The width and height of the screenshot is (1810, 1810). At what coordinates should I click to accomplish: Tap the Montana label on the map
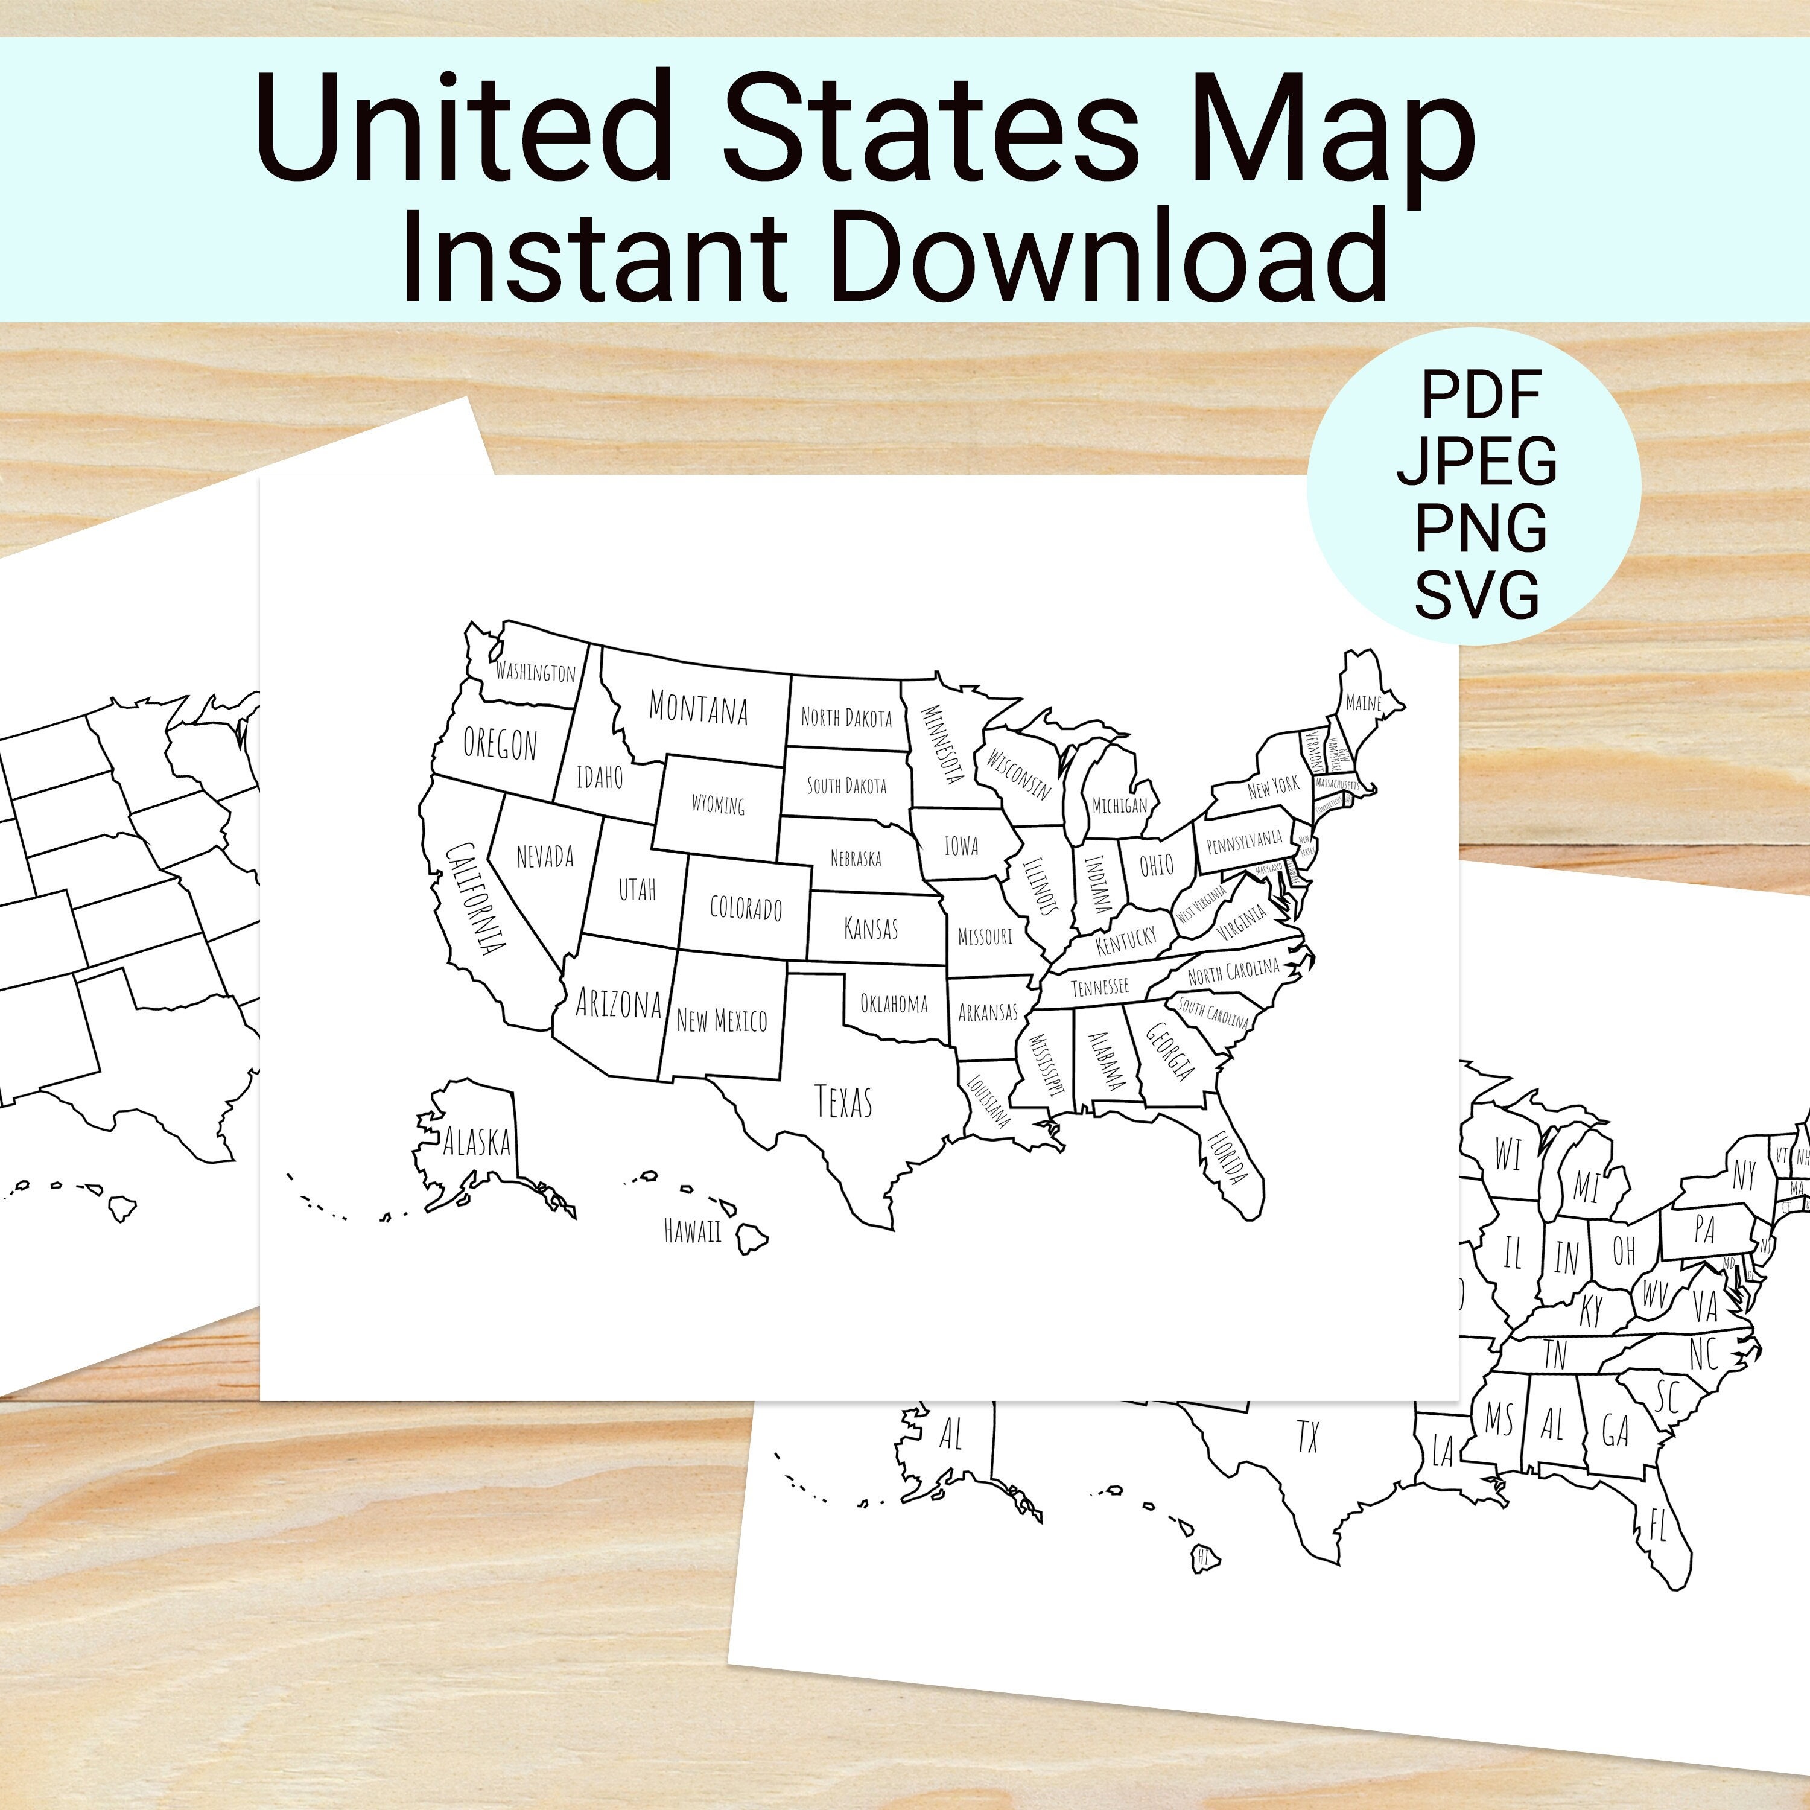698,708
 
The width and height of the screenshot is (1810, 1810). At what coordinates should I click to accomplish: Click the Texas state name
843,1102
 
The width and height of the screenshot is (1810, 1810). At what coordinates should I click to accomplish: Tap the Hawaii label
693,1231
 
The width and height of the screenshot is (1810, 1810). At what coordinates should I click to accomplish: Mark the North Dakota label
846,717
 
